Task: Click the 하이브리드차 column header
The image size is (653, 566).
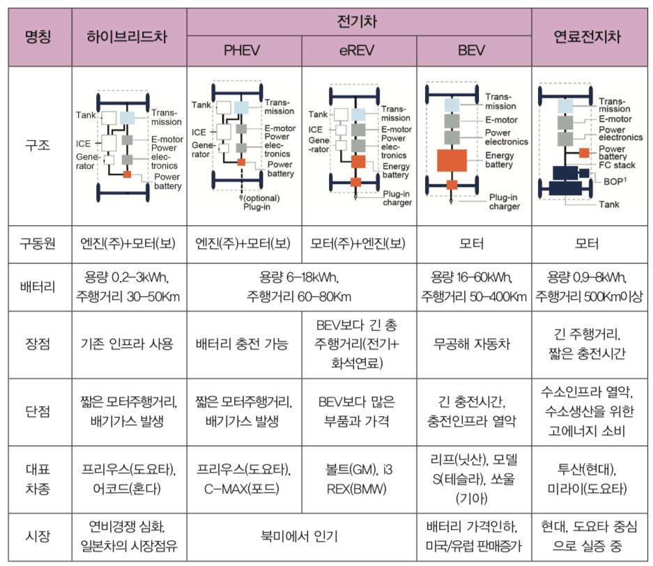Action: click(x=128, y=36)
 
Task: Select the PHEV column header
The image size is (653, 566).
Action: click(x=243, y=50)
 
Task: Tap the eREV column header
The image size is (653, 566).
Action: click(x=358, y=50)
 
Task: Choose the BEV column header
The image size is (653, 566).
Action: click(x=473, y=50)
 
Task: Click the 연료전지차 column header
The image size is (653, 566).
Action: click(x=590, y=36)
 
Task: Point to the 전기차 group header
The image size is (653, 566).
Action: click(x=358, y=21)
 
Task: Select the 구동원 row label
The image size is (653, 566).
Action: click(x=39, y=245)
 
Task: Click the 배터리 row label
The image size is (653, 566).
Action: click(x=39, y=286)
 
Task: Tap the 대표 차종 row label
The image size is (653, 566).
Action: click(x=39, y=478)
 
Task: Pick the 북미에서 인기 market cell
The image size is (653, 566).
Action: click(x=301, y=537)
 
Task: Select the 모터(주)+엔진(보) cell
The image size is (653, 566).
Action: click(x=358, y=245)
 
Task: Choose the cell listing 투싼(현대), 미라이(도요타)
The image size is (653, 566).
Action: click(x=590, y=478)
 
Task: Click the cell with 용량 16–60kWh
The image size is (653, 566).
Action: click(x=473, y=286)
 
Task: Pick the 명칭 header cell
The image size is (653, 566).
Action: click(x=39, y=36)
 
